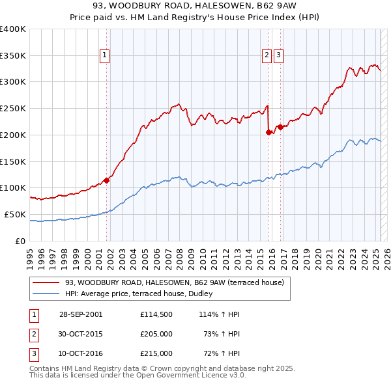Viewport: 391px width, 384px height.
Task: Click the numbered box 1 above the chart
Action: [105, 56]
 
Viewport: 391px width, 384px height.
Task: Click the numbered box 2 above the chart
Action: [267, 56]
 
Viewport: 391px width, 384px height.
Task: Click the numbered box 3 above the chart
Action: [278, 56]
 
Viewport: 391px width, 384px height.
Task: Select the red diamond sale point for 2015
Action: [268, 132]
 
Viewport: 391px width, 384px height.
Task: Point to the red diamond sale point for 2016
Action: [280, 127]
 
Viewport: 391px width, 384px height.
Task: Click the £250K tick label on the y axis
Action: [13, 109]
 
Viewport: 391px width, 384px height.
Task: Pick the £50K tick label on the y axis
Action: [16, 214]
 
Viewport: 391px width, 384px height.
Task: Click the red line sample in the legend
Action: [46, 283]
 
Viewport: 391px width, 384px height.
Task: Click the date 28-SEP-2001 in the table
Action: [81, 314]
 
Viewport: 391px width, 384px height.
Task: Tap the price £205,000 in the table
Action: [156, 334]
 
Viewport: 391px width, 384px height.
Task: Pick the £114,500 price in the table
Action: [156, 314]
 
